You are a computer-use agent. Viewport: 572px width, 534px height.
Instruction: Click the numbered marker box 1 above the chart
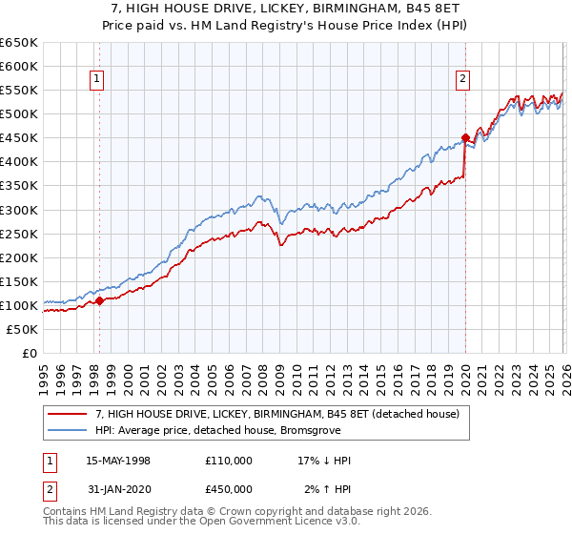(99, 80)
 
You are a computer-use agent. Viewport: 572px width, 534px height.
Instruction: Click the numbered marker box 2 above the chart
(463, 80)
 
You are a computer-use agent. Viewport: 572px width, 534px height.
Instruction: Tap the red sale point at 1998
(100, 300)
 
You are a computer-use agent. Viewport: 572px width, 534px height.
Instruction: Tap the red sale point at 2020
(465, 137)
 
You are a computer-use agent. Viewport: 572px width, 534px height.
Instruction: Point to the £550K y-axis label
(19, 91)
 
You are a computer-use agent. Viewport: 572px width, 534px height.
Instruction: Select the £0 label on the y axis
(28, 353)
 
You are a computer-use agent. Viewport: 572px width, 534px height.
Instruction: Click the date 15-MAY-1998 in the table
(118, 461)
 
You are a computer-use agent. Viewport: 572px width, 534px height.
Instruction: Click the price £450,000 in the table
(229, 488)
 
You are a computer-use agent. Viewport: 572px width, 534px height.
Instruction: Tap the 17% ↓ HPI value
(324, 461)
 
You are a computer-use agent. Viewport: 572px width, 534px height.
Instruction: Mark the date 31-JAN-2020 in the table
(118, 488)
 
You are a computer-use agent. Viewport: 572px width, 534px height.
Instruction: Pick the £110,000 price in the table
(229, 461)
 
